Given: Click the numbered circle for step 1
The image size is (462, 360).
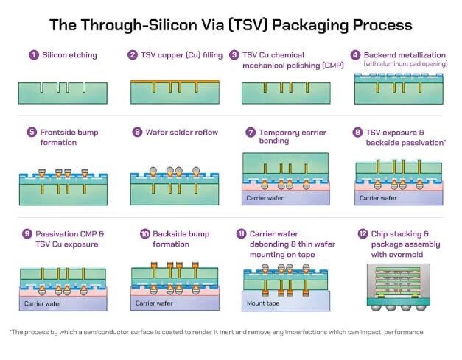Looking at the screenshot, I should pos(33,54).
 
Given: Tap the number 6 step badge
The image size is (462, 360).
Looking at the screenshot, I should pos(137,133).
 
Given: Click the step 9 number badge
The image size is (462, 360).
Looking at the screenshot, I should pos(27,234).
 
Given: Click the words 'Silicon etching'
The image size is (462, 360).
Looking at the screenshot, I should pos(69,54).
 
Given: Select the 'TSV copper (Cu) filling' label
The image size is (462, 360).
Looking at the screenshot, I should pos(183,54).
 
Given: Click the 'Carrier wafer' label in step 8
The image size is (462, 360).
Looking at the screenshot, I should pos(379,198).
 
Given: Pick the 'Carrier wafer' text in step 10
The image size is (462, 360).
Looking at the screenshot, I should pos(154,302).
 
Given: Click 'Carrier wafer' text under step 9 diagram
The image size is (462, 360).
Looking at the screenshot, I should pos(43,302).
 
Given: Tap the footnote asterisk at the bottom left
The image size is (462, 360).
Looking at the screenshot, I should pos(11,331).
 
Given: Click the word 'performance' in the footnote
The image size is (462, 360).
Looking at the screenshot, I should pos(405,332).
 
